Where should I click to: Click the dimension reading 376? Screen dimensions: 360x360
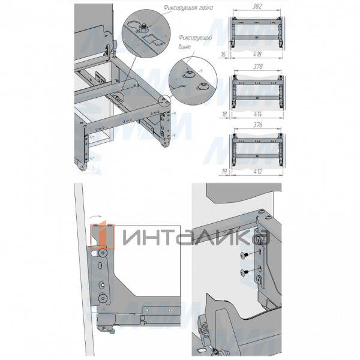click(258, 126)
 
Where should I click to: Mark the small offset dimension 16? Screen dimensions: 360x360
click(223, 54)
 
